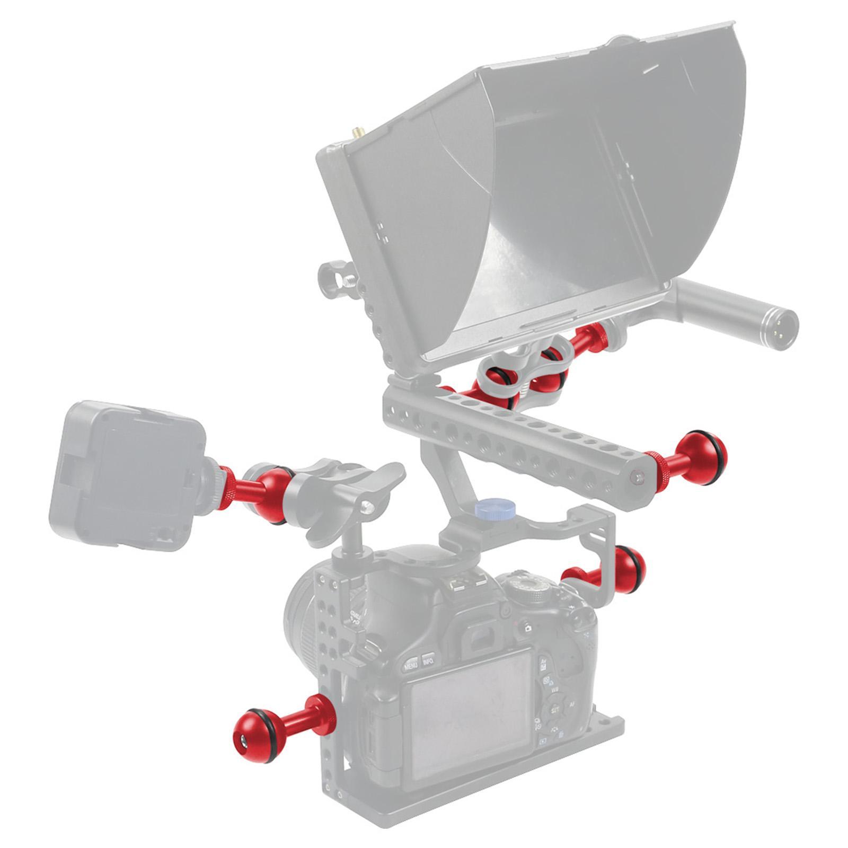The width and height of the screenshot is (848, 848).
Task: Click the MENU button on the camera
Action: coord(412,663)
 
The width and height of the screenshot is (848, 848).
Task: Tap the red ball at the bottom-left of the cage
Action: coord(252,728)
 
